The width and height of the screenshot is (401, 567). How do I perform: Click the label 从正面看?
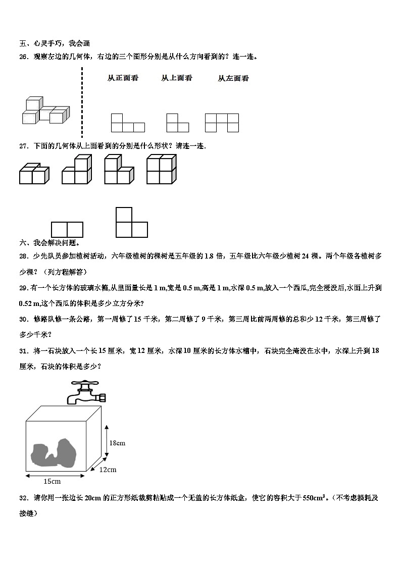click(x=123, y=78)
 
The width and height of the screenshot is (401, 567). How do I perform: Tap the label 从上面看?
click(x=176, y=78)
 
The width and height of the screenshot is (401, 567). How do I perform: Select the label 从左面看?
click(x=233, y=78)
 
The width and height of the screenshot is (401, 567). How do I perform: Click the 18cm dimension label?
click(x=117, y=443)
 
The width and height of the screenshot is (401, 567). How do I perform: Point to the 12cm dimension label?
click(x=107, y=470)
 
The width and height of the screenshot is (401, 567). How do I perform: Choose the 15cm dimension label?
click(x=52, y=481)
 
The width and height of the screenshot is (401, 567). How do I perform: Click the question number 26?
click(x=23, y=57)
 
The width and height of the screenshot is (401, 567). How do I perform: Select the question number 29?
click(x=23, y=288)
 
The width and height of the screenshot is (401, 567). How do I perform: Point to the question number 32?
click(x=23, y=498)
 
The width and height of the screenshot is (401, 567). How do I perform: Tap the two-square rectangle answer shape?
click(x=67, y=230)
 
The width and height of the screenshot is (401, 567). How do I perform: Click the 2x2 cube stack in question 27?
click(x=161, y=170)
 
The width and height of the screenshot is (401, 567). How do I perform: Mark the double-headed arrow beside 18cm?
click(x=107, y=442)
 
